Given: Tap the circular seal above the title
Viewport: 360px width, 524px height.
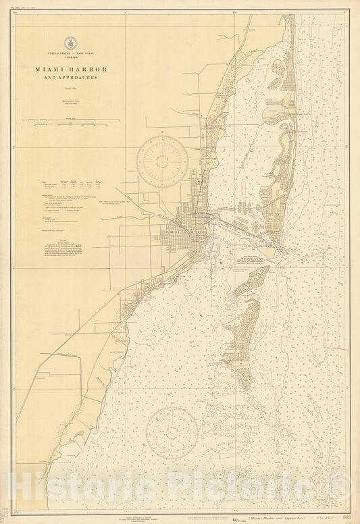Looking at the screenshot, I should point(68,41).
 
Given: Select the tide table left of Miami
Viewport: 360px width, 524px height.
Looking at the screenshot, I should point(68,184).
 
